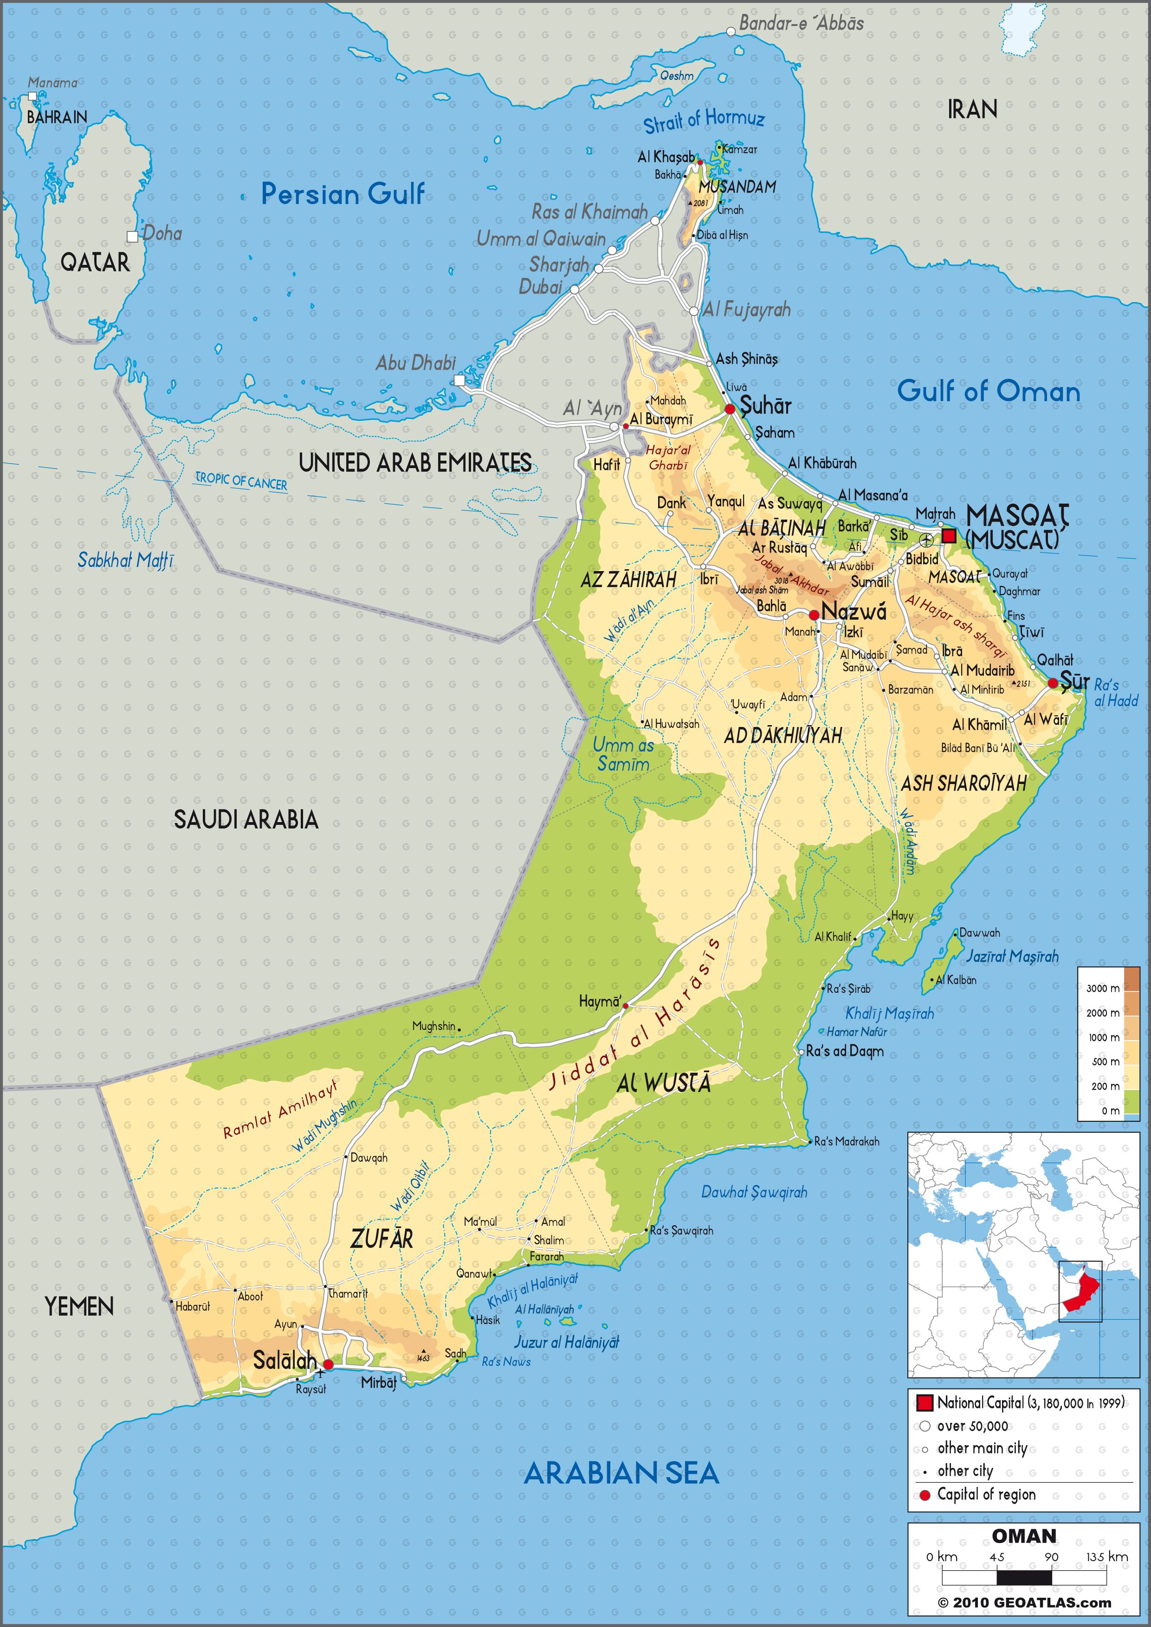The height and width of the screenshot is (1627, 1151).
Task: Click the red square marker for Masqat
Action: click(949, 536)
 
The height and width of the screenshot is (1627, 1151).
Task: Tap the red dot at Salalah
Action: click(328, 1364)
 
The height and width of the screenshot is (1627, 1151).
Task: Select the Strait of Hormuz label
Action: click(704, 121)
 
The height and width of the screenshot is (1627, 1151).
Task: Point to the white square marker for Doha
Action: click(132, 237)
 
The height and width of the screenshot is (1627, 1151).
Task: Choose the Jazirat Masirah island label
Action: click(1012, 956)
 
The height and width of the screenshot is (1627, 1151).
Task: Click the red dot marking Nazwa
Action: click(815, 614)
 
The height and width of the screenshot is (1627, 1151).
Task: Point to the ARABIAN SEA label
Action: click(621, 1474)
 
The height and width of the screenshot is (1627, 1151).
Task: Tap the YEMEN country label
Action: click(79, 1306)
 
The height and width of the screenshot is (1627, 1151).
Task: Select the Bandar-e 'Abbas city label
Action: click(801, 23)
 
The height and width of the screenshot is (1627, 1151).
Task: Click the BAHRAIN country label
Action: click(57, 117)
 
